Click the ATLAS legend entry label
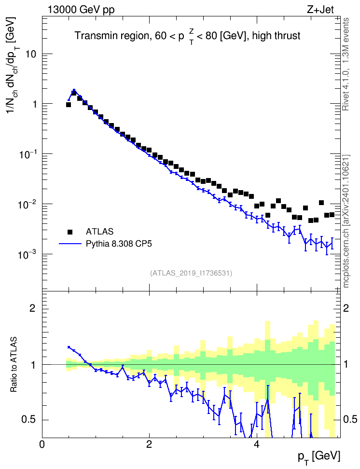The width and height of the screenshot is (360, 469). point(99,232)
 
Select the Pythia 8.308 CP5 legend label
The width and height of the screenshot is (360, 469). point(119,244)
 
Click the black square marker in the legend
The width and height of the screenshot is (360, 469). point(70,232)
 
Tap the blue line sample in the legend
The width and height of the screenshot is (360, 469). point(70,244)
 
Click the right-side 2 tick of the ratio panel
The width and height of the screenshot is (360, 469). point(346,308)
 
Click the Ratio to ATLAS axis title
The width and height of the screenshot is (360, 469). point(14,365)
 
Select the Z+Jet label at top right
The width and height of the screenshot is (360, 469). point(320,10)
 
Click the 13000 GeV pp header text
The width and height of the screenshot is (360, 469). point(81,10)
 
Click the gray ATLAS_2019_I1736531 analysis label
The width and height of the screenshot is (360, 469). point(191,273)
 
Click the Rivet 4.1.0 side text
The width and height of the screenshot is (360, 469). point(346,64)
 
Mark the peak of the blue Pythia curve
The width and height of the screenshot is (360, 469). point(74,90)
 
